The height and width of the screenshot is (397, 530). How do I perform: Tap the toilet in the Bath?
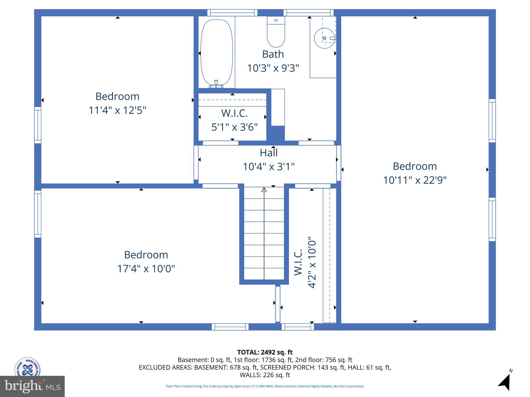coord(276,32)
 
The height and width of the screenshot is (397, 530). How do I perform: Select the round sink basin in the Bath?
coord(324,38)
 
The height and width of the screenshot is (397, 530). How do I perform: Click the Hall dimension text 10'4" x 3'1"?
coord(269,167)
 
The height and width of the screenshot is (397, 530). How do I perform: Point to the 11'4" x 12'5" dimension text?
coord(117,110)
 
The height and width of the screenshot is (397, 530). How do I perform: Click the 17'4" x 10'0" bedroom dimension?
coord(146,269)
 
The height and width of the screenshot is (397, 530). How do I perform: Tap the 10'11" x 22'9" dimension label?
coord(415,180)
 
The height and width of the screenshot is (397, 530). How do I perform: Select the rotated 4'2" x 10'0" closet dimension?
coord(312,262)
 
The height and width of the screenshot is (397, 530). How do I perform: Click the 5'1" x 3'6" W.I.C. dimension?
coord(234,127)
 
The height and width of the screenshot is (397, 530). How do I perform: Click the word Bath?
coord(273,54)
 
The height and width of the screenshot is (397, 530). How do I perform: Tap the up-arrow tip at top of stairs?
coord(264,190)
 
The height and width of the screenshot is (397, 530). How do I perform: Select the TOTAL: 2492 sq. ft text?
coord(265,352)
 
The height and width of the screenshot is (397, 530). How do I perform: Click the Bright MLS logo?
coord(32,386)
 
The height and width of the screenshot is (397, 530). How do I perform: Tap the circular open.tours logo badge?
coord(27,367)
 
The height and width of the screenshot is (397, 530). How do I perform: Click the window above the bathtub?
coord(232,13)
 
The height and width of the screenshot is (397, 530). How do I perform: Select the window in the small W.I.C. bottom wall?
coord(220,143)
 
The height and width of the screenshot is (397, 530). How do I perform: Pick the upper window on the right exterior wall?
coord(492,121)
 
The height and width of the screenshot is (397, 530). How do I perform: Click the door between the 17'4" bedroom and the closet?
coord(278,304)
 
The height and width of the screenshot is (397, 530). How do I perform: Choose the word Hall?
coord(269,153)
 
